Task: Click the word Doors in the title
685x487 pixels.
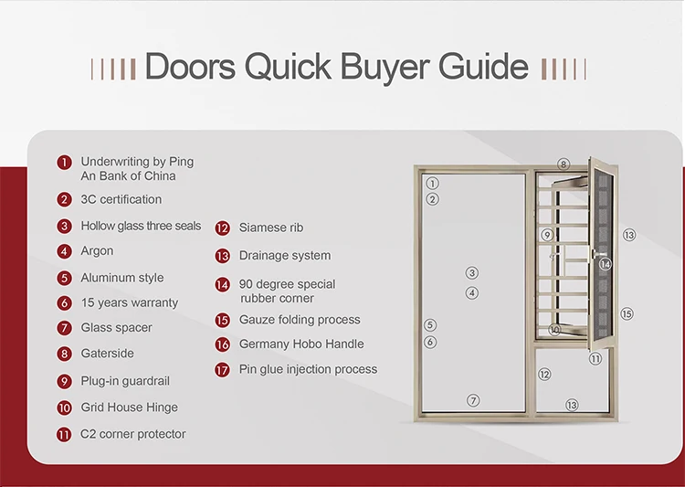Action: pyautogui.click(x=187, y=68)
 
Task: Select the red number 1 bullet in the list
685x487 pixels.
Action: pyautogui.click(x=64, y=163)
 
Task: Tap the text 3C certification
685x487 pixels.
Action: pyautogui.click(x=121, y=199)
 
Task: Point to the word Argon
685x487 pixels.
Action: pyautogui.click(x=97, y=251)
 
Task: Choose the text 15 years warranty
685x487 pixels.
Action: pyautogui.click(x=129, y=302)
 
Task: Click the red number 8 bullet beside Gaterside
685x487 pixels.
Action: pyautogui.click(x=64, y=354)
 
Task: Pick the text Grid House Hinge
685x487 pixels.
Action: pyautogui.click(x=129, y=408)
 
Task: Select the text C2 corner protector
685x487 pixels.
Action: pyautogui.click(x=132, y=434)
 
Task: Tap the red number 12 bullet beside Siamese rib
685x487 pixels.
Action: pyautogui.click(x=222, y=228)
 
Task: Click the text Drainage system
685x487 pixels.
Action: pyautogui.click(x=284, y=256)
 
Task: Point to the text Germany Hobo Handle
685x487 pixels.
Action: pyautogui.click(x=300, y=344)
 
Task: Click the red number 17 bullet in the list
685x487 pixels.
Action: pyautogui.click(x=222, y=370)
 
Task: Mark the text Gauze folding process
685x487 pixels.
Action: pyautogui.click(x=299, y=320)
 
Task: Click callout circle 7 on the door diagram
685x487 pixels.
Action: pyautogui.click(x=473, y=400)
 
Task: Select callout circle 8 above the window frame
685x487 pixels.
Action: pyautogui.click(x=564, y=164)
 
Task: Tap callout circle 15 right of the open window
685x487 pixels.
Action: pyautogui.click(x=627, y=313)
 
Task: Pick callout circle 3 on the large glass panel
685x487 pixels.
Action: pyautogui.click(x=471, y=272)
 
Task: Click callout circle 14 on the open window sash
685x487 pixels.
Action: pyautogui.click(x=605, y=264)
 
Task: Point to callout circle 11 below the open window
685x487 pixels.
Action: pyautogui.click(x=595, y=358)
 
